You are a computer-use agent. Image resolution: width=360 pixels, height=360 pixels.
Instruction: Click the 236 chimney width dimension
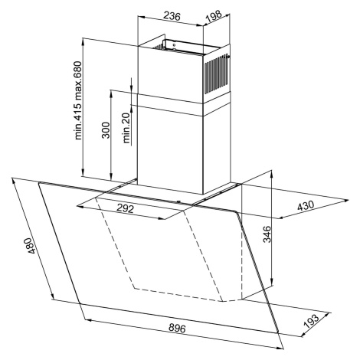[172, 16]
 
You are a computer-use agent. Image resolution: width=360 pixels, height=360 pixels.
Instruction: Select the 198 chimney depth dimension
[214, 16]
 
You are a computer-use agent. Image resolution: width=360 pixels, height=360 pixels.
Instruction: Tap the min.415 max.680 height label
[78, 100]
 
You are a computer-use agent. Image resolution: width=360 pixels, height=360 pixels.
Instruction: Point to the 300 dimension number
[106, 130]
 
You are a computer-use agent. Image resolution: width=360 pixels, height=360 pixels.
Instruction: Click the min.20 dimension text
[126, 128]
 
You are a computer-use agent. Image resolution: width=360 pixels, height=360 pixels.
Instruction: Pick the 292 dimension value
[125, 208]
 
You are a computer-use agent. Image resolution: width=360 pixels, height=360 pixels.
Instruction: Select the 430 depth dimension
[306, 205]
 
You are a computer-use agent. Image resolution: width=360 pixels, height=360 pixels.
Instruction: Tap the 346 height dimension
[267, 234]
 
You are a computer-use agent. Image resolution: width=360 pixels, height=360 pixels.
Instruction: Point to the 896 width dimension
[177, 328]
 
